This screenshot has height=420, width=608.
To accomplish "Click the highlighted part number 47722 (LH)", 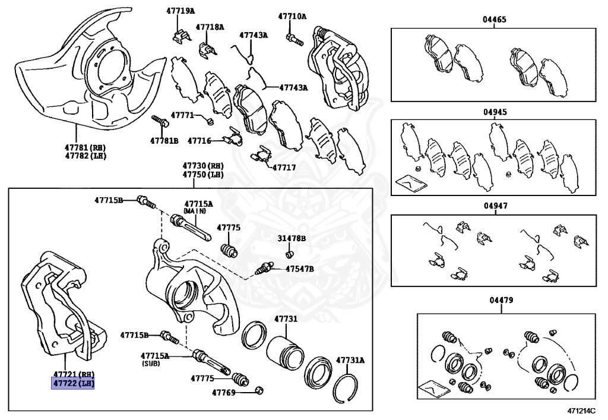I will point(74,383).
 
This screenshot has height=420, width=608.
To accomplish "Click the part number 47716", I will point(199,141).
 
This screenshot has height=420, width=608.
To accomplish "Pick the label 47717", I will point(284,168).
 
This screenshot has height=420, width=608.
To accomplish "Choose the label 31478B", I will point(292,238).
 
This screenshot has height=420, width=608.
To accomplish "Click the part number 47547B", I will point(300,269).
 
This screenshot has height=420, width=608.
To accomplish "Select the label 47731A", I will point(350,360).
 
